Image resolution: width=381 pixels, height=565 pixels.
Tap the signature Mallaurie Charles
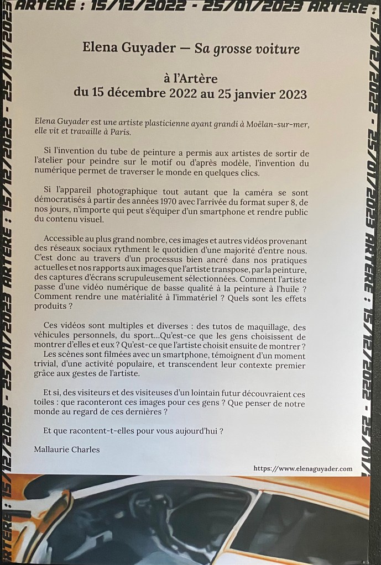(66, 450)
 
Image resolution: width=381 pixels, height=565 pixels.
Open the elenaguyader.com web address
(302, 468)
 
